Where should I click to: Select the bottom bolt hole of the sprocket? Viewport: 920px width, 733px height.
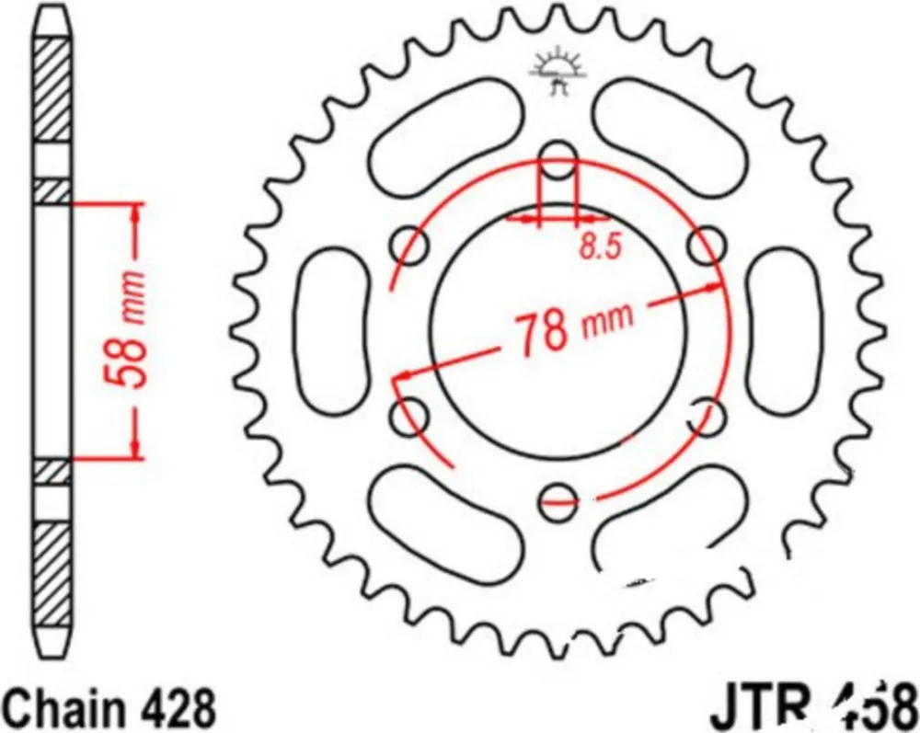click(558, 498)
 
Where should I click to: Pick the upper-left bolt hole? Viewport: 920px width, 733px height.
click(410, 245)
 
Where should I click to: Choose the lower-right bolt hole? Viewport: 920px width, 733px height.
click(707, 415)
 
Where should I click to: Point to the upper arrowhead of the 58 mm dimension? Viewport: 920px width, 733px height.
click(136, 212)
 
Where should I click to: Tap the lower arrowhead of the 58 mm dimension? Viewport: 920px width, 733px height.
click(136, 448)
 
